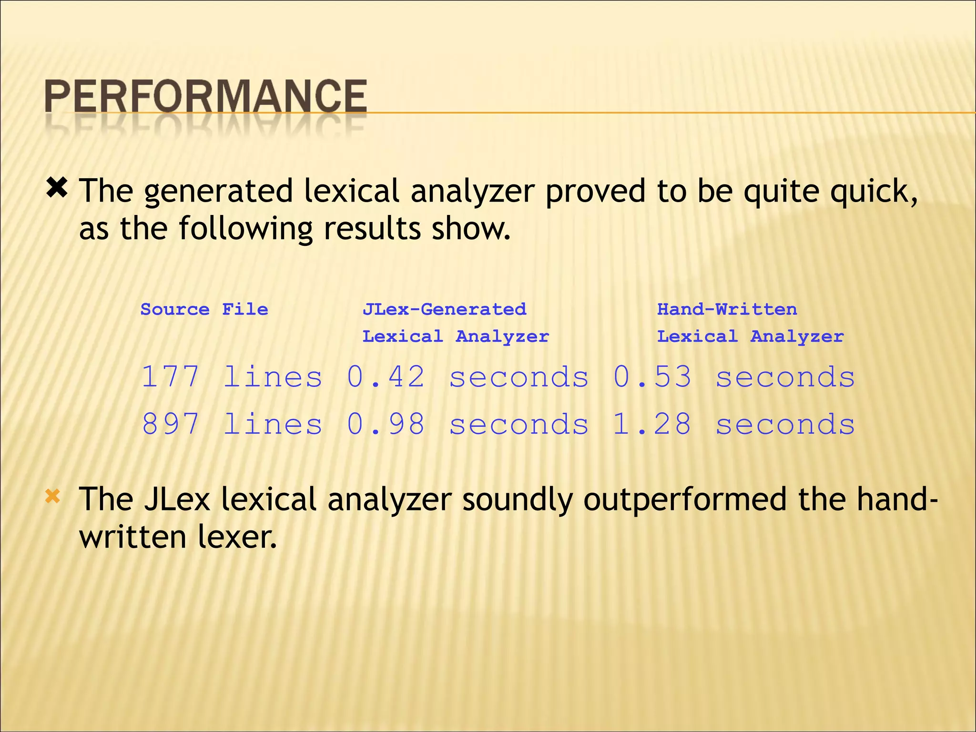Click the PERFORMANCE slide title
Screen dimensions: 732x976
(x=205, y=96)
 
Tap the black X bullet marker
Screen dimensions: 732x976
(x=57, y=188)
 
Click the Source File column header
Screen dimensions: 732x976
(x=204, y=310)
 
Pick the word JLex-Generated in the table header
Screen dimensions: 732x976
(x=444, y=310)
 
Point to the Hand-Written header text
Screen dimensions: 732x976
(x=727, y=310)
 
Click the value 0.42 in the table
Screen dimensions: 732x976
(x=386, y=377)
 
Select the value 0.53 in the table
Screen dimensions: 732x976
(x=652, y=377)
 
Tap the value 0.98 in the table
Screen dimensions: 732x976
(x=386, y=424)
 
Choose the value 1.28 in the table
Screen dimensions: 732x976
(x=652, y=424)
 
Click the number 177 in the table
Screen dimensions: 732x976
(x=170, y=377)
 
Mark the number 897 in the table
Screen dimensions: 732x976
(x=170, y=424)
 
